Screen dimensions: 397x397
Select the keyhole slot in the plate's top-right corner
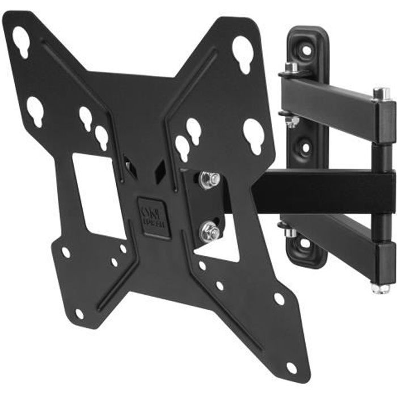tap(242, 54)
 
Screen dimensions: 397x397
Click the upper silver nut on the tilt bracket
tap(209, 180)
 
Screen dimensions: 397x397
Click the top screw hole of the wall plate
tap(306, 50)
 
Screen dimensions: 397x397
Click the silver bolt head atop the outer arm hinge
tap(381, 94)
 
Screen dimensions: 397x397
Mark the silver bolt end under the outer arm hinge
tap(381, 288)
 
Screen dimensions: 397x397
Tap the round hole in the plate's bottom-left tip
tap(79, 313)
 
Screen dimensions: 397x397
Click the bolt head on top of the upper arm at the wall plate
tap(292, 69)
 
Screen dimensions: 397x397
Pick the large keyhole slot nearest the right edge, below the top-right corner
tap(253, 135)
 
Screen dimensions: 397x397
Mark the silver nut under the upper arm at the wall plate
tap(292, 121)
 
